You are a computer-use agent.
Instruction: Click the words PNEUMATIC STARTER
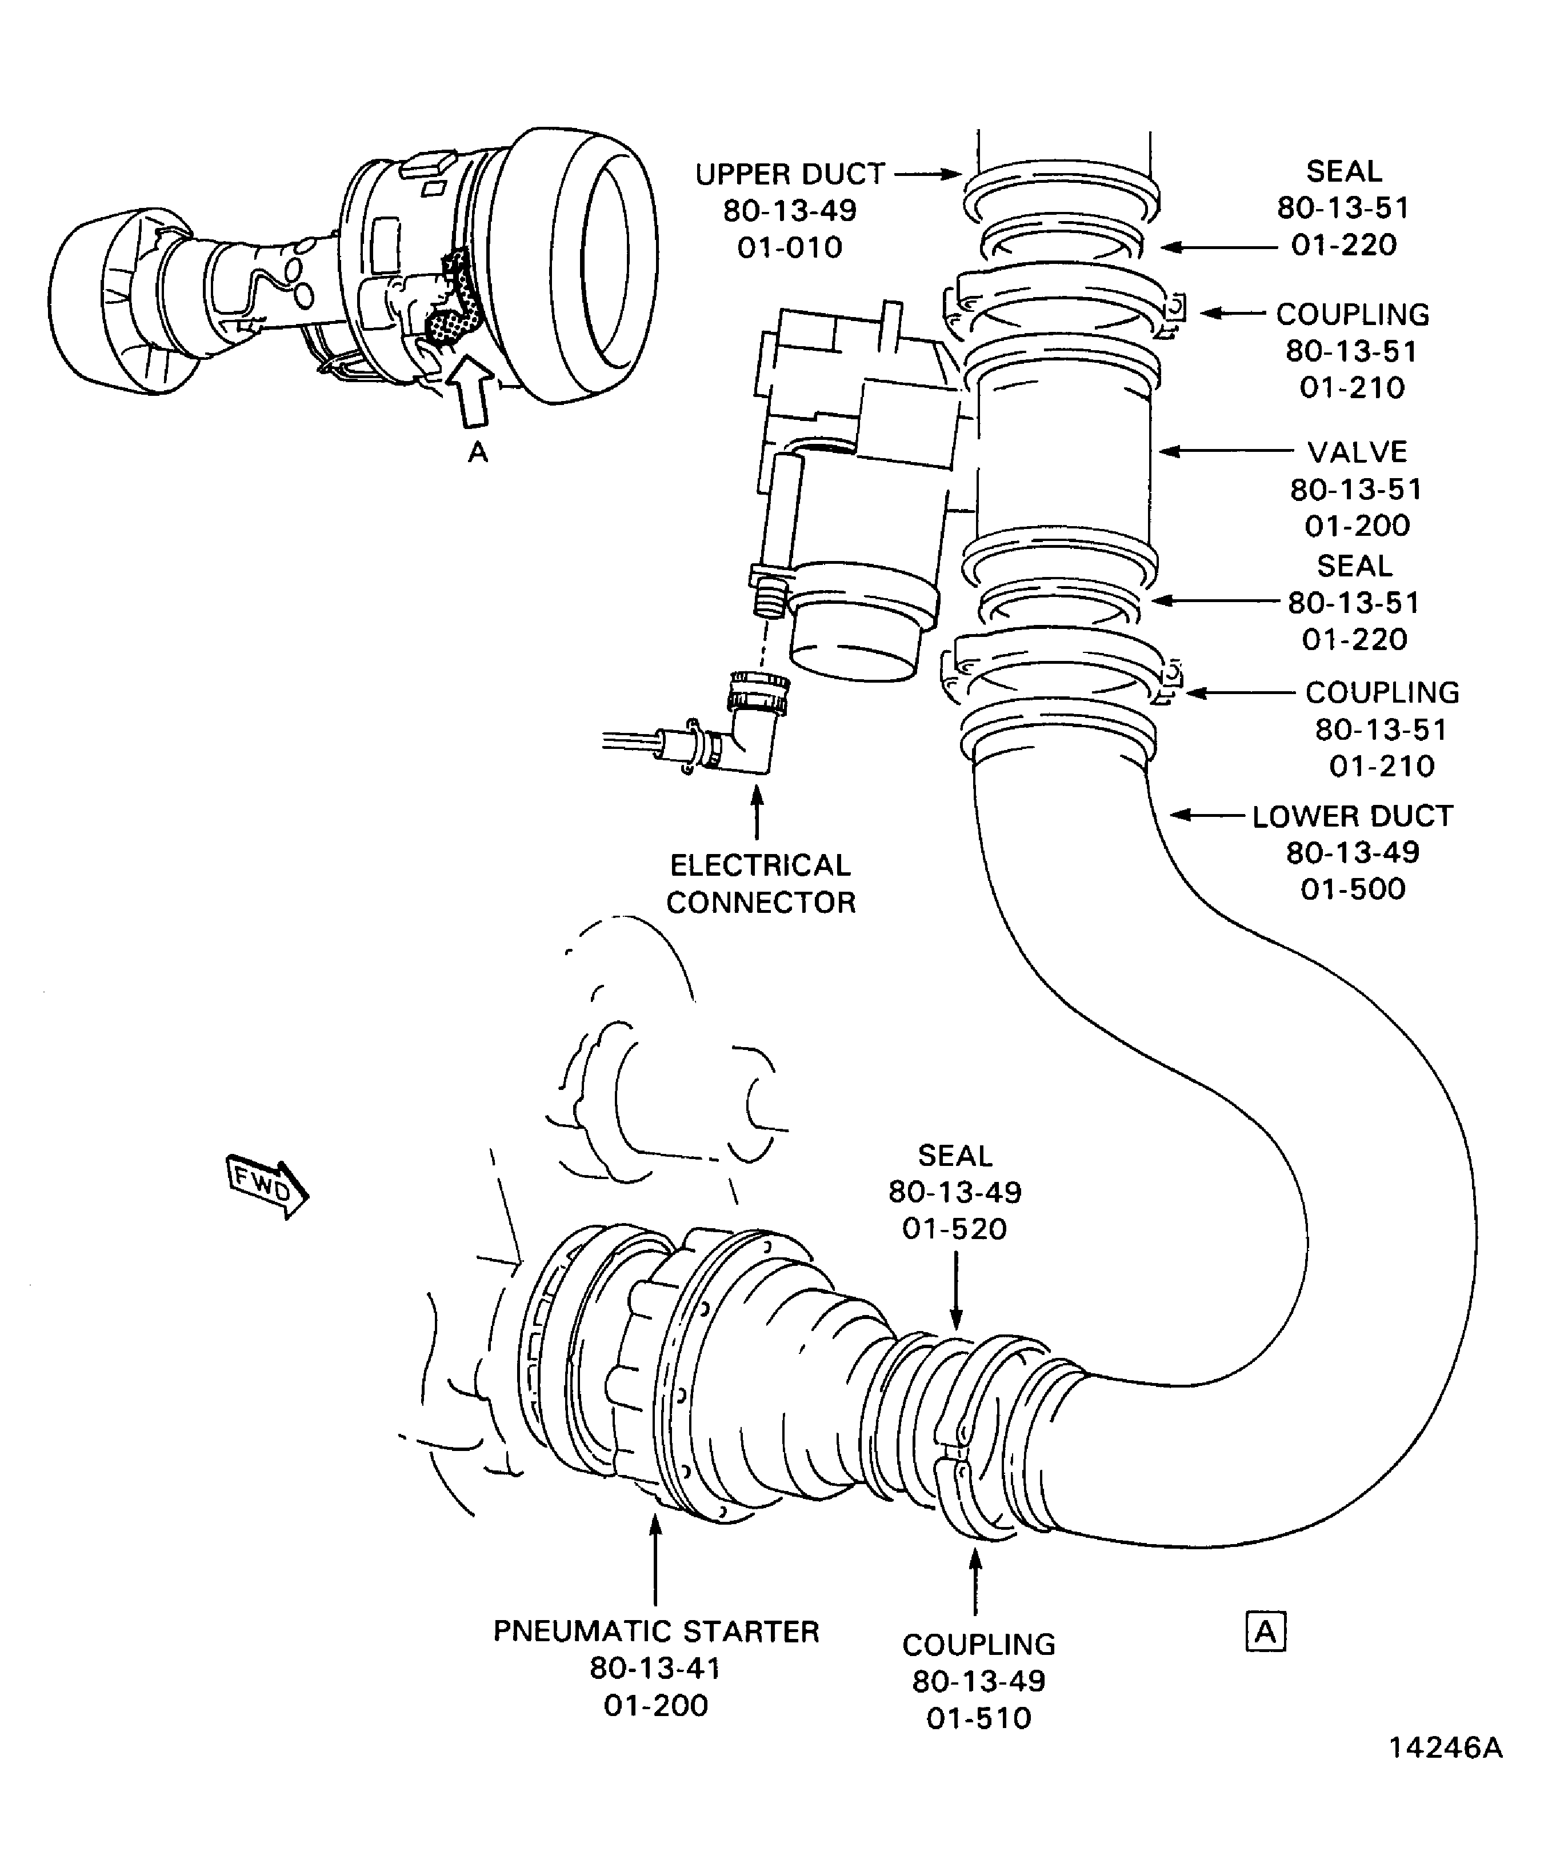click(x=656, y=1630)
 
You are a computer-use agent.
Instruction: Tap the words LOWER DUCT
click(x=1352, y=816)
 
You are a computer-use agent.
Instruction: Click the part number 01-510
click(x=978, y=1718)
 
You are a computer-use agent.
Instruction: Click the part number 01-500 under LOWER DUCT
click(x=1353, y=888)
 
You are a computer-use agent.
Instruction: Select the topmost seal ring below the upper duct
click(x=1061, y=240)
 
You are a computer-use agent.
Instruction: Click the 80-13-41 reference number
click(x=655, y=1668)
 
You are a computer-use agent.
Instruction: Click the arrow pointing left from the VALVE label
click(x=1225, y=451)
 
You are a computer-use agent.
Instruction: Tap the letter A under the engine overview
click(x=478, y=452)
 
